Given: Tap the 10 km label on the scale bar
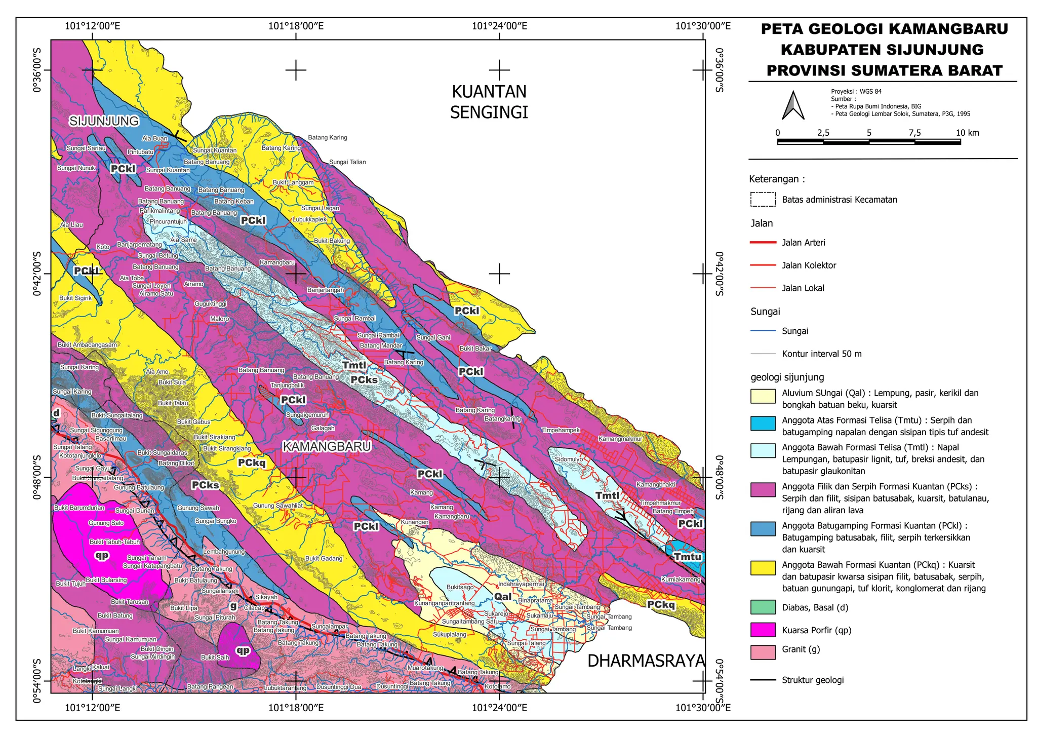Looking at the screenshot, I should pos(967,133).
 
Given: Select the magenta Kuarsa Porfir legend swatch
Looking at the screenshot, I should pos(763,630).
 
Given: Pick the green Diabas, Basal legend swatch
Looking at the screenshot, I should pos(763,607).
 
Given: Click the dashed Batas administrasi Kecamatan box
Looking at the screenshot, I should pos(763,200).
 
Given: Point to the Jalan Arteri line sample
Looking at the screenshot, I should pos(763,243).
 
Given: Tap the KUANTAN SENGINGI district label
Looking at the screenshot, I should pos(489,102).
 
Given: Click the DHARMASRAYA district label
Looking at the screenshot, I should pos(646,661).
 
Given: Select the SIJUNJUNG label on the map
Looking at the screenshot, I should pos(104,121).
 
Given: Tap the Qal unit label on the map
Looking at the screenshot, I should pos(503,597).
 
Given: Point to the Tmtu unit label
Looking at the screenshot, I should pos(688,557).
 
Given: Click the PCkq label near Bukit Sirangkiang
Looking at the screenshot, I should pos(252,462).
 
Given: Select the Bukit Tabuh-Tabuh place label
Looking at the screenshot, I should pos(114,542).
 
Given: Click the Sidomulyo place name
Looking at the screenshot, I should pos(569,459).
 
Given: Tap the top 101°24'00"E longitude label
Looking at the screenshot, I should pos(499,26).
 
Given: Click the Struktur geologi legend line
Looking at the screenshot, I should pos(763,680).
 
